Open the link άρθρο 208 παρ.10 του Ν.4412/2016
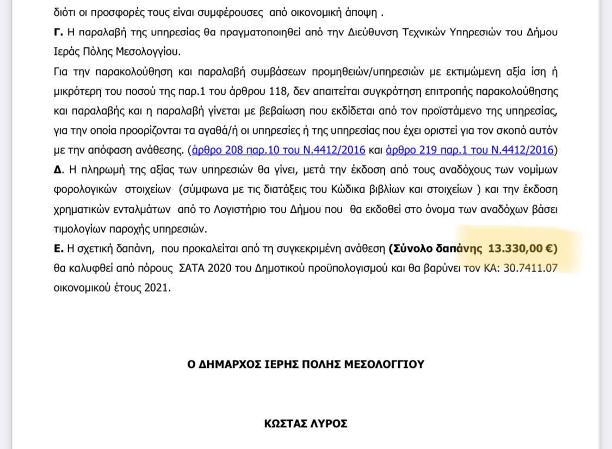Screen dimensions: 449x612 279,150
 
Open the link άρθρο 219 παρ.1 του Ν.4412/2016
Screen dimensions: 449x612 469,150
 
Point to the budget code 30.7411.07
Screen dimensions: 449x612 526,268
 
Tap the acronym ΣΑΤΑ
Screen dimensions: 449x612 196,268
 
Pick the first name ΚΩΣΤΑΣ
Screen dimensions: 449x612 284,423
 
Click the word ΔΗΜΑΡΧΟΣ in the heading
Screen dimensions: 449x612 228,364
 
